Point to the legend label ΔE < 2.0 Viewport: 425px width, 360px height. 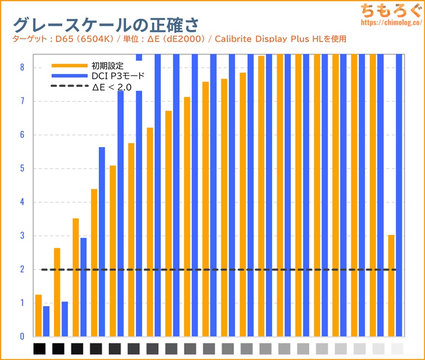coord(111,86)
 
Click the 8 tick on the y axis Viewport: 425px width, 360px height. coord(22,67)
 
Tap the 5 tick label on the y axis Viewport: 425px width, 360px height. coord(22,168)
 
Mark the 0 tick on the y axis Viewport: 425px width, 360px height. coord(22,337)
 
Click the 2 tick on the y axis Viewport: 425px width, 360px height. coord(22,269)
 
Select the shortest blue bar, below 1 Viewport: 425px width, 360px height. coord(46,321)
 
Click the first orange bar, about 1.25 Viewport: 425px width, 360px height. coord(39,316)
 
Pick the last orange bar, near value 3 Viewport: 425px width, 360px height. coord(391,285)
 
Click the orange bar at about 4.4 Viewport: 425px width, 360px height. coord(94,262)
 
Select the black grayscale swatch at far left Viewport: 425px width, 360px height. coord(40,349)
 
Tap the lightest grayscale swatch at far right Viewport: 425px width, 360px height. coord(398,349)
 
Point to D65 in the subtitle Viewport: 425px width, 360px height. coord(61,39)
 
